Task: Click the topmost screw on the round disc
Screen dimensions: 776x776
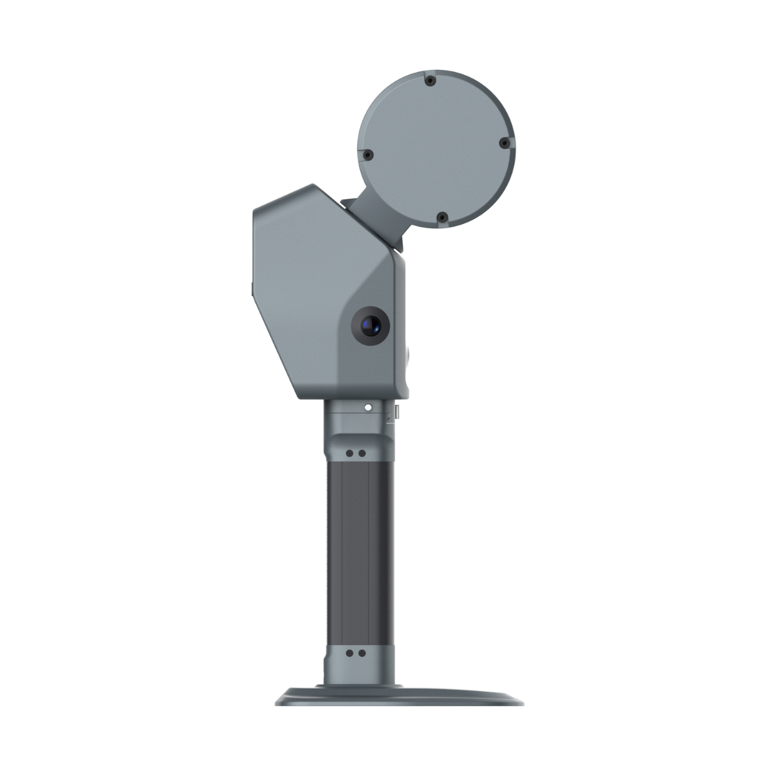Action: coord(429,81)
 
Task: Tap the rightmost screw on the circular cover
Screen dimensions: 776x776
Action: coord(503,144)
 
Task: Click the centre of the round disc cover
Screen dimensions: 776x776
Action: coord(435,149)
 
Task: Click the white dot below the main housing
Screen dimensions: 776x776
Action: coord(367,408)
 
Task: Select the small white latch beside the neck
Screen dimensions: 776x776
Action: coord(397,411)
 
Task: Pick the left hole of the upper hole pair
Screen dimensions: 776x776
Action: coord(350,453)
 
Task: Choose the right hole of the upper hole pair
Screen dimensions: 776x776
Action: coord(361,453)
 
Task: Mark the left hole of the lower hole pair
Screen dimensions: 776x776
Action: coord(350,654)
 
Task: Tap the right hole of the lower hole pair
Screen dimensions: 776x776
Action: coord(361,654)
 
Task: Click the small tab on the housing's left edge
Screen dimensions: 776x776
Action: coord(252,288)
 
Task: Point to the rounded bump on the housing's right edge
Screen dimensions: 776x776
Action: coord(409,354)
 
